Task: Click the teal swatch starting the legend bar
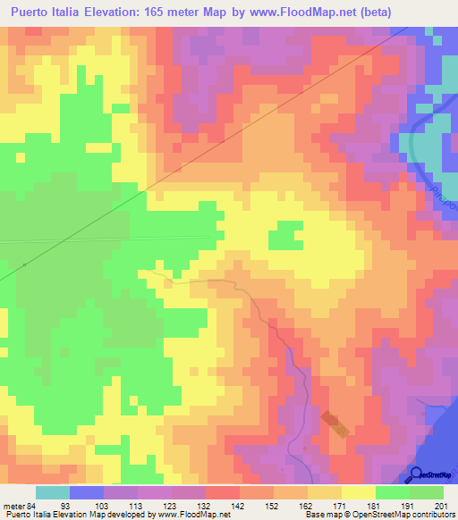click(x=52, y=492)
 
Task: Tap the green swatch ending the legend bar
click(x=427, y=492)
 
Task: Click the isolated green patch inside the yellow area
click(x=284, y=235)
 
